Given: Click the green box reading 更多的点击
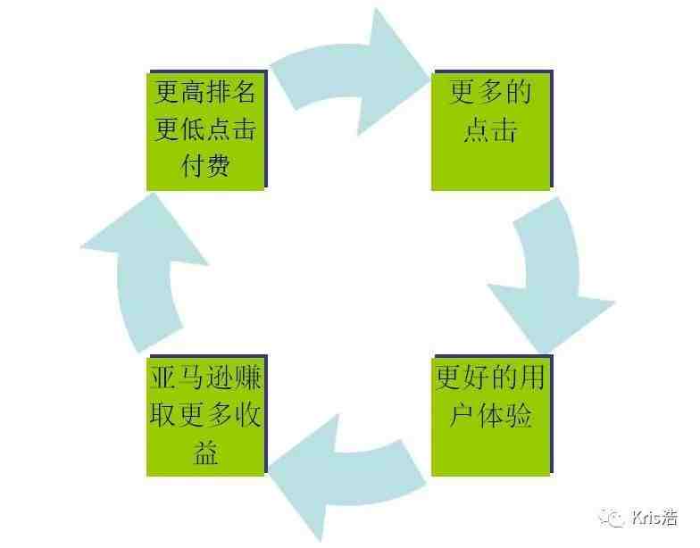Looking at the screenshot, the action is pos(492,130).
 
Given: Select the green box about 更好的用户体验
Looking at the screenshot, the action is pos(492,416).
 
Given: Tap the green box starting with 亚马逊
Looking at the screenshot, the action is pos(207,416).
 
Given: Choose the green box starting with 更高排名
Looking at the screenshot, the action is pos(207,130).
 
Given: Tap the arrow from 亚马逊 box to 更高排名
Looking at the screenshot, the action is pos(142,272).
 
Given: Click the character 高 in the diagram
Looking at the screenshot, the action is pos(191,92).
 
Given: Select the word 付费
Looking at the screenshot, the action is pos(205,166).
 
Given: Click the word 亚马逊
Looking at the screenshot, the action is pos(192,378).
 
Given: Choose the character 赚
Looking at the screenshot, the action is pos(248,378).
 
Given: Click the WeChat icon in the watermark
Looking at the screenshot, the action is pos(612,518).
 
